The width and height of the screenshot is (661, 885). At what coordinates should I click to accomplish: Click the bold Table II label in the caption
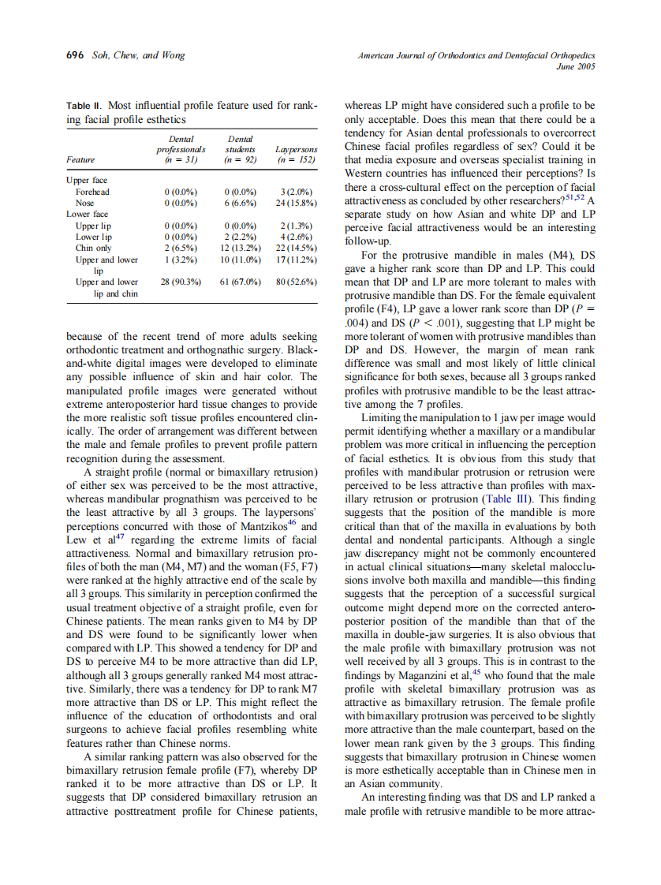click(x=84, y=105)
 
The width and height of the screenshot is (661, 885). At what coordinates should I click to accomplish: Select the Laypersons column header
click(x=296, y=148)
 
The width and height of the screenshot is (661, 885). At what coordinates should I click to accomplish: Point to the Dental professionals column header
click(x=181, y=148)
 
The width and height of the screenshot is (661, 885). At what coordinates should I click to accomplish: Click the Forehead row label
click(x=92, y=192)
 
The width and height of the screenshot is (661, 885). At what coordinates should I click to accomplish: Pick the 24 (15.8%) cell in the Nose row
click(x=296, y=203)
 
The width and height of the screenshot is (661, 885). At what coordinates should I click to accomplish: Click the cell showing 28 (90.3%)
click(x=181, y=282)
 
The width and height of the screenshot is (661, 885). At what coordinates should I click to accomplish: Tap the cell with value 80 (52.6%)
click(x=296, y=282)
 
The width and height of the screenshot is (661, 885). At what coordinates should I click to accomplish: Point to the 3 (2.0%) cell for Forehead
click(x=296, y=192)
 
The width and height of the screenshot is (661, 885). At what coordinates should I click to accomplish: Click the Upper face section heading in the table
click(x=87, y=181)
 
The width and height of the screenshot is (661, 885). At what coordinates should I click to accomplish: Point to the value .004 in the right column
click(x=355, y=322)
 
